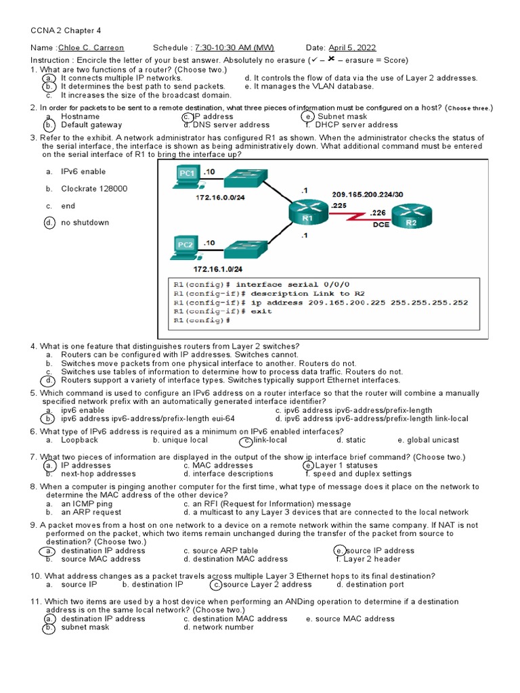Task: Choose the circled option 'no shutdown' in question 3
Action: pos(85,223)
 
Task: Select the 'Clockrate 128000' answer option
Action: pos(94,189)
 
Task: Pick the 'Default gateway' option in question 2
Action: pos(91,125)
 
